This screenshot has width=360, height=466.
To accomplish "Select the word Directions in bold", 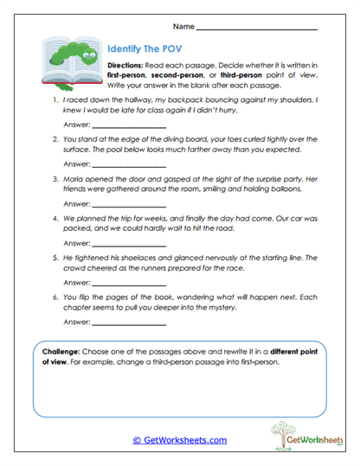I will pyautogui.click(x=126, y=67).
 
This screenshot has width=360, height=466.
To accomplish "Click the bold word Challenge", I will pyautogui.click(x=62, y=353).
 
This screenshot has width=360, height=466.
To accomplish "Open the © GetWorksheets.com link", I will pyautogui.click(x=179, y=440).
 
